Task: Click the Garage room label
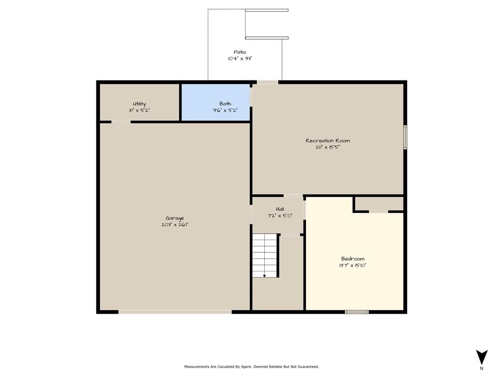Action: click(175, 218)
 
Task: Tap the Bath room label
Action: click(225, 104)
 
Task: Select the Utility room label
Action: click(139, 104)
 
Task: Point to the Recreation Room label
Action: click(328, 140)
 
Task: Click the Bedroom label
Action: click(353, 259)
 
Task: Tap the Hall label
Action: click(279, 209)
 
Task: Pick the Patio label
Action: click(240, 52)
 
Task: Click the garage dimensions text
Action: click(175, 225)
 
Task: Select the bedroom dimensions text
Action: click(353, 266)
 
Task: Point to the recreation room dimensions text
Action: click(328, 147)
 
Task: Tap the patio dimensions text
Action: click(240, 59)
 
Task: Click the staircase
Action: click(265, 255)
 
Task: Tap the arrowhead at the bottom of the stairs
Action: click(264, 276)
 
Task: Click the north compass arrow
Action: click(481, 357)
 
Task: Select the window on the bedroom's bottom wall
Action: click(357, 312)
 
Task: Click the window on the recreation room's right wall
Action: click(405, 137)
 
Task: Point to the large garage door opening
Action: click(175, 312)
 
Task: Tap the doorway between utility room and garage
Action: click(121, 122)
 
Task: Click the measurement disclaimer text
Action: click(251, 366)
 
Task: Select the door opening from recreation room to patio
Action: click(267, 82)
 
